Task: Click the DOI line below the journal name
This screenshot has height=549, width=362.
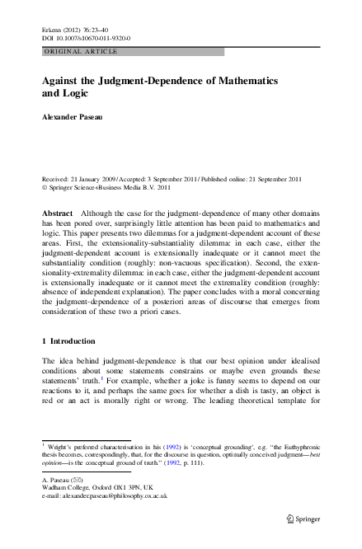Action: (x=79, y=37)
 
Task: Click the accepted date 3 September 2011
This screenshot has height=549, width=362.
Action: (x=175, y=179)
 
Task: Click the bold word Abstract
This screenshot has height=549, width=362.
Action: (x=57, y=213)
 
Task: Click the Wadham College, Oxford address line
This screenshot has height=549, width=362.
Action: (x=92, y=487)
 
